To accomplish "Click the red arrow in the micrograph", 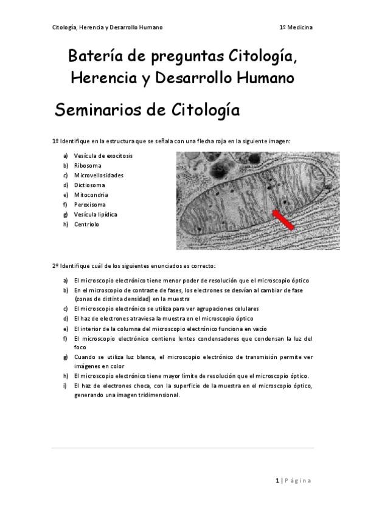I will coord(283,220).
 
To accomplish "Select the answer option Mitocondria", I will coord(91,195).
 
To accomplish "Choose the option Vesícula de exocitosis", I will coord(103,155).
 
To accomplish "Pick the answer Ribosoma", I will coord(88,165).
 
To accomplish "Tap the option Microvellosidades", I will coord(98,175).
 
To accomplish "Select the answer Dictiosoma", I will coord(89,185).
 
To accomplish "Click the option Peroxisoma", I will coord(89,205).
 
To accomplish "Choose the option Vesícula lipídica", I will coord(96,214).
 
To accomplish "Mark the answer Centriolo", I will coord(86,224).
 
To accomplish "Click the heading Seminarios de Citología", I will coord(146,111).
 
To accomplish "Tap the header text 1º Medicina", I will coord(296,27).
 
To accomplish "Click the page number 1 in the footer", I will coord(277,481).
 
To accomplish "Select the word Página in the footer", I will coord(299,481).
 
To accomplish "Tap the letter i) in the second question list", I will coord(65,385).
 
